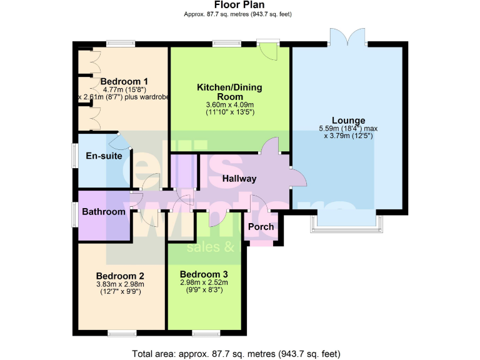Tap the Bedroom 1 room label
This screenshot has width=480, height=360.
124,81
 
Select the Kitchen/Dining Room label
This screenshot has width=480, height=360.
229,91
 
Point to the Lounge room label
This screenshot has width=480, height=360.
347,120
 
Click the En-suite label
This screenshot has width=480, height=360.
103,156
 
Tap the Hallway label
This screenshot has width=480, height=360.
239,179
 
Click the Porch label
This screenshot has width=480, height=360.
261,226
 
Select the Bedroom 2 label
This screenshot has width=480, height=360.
120,276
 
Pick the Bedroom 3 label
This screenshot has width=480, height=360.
204,274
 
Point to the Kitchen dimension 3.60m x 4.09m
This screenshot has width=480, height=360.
229,104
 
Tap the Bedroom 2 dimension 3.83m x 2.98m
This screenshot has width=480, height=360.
120,284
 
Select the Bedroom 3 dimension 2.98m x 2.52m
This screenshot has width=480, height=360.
204,282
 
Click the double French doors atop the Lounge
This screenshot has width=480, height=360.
346,36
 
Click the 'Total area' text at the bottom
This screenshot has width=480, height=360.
238,354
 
